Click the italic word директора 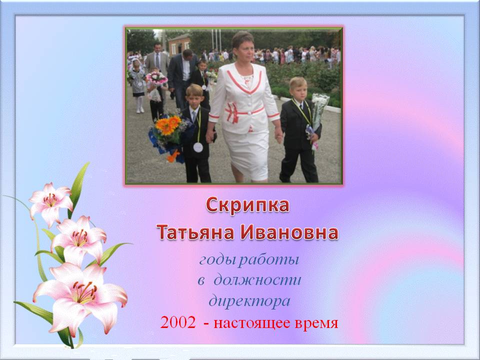(249, 301)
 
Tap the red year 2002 (178, 322)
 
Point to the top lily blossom (50, 200)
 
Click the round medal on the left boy (198, 147)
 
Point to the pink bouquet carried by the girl (156, 78)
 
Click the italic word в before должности (201, 280)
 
